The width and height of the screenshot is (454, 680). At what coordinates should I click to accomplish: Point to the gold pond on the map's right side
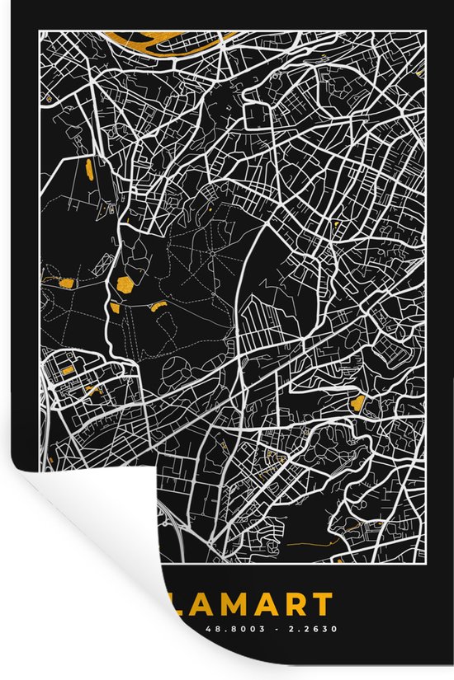[357, 402]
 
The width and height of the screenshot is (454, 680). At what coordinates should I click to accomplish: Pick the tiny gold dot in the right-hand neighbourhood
[336, 223]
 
